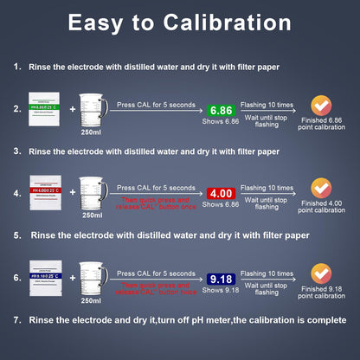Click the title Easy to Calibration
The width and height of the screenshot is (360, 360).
point(179,23)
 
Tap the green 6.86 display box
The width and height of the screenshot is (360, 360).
point(221,111)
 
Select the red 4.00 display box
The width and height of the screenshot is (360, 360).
point(221,194)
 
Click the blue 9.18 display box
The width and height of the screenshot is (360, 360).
point(221,279)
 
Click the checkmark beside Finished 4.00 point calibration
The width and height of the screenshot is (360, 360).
point(320,188)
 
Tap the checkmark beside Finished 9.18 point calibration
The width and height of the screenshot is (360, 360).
point(320,273)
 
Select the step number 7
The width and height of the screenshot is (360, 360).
point(17,320)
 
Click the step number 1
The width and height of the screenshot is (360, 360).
point(17,66)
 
